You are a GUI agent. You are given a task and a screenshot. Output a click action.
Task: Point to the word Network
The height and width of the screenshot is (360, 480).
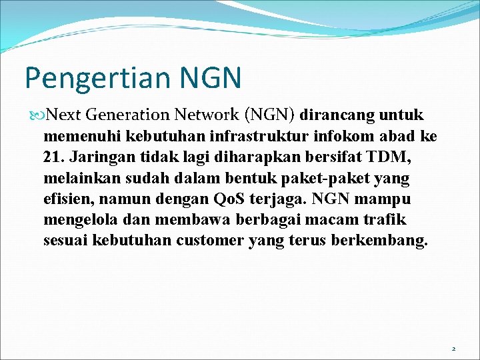(207, 115)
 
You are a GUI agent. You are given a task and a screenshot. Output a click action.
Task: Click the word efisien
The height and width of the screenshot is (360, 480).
(67, 199)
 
